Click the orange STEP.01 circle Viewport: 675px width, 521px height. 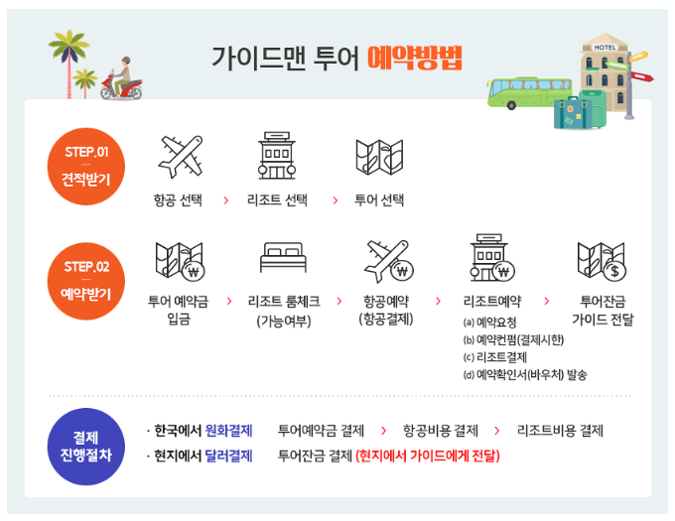[86, 166]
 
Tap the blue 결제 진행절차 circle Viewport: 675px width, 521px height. [86, 447]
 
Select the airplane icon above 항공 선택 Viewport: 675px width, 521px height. [181, 155]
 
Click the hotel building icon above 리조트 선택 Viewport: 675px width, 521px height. [277, 155]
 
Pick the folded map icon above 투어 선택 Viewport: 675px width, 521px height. [379, 156]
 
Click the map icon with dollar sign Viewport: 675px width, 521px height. [601, 260]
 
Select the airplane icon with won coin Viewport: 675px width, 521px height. [388, 260]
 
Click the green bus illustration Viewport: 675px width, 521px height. [517, 88]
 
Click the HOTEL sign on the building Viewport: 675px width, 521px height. [605, 46]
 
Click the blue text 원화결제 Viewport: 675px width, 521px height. [229, 431]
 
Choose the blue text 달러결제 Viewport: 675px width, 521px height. [229, 456]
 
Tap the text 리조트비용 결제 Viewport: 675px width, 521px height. [560, 431]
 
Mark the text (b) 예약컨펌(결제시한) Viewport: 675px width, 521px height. [512, 339]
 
